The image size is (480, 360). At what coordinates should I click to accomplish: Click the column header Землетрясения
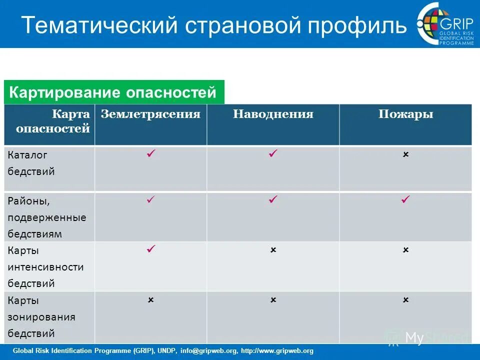(150, 114)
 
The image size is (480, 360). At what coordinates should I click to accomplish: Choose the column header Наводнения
(273, 114)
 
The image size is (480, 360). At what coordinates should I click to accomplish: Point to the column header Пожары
(405, 114)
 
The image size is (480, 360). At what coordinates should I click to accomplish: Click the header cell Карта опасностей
(49, 121)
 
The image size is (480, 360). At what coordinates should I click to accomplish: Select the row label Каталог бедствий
(31, 163)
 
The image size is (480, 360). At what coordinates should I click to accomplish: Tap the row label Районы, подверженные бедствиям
(46, 217)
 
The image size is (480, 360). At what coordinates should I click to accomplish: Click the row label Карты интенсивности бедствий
(45, 267)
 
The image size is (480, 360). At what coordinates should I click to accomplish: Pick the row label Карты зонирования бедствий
(41, 317)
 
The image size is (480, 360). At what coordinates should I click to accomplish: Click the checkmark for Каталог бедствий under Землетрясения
(150, 154)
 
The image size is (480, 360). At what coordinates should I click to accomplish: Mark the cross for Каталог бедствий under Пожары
(405, 154)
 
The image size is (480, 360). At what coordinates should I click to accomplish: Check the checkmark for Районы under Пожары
(405, 199)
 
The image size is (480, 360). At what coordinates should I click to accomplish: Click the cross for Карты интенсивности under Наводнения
(273, 249)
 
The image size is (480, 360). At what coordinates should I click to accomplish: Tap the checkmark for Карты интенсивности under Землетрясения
(150, 248)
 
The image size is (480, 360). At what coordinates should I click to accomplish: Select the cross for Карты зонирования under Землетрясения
(150, 300)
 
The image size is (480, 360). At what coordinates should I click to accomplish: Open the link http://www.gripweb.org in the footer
(277, 351)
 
